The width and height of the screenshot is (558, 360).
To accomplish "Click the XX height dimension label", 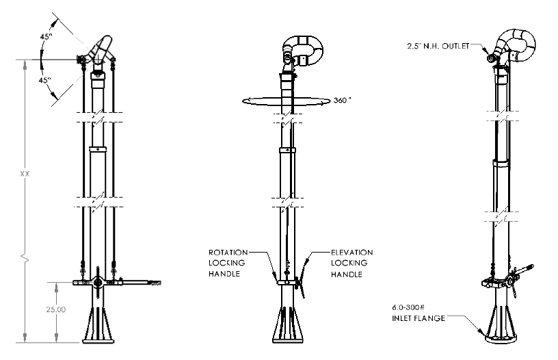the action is click(x=25, y=174).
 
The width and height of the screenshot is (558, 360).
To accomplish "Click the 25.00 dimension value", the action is click(x=56, y=309).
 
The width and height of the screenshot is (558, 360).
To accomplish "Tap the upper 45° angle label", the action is click(x=46, y=36).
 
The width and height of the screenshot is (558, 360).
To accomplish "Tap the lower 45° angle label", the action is click(x=45, y=80).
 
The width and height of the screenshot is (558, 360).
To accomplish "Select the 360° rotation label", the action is click(x=343, y=101).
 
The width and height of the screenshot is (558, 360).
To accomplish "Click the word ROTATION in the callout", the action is click(x=228, y=253).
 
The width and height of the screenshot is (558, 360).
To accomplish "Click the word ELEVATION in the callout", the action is click(x=352, y=253).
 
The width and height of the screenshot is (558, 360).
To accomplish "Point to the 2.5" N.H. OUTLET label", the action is click(x=438, y=46).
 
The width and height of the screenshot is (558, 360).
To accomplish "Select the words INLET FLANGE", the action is click(x=418, y=318).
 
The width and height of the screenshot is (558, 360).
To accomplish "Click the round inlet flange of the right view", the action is click(x=501, y=338).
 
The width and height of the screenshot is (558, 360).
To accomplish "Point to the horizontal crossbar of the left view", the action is click(x=117, y=283).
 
